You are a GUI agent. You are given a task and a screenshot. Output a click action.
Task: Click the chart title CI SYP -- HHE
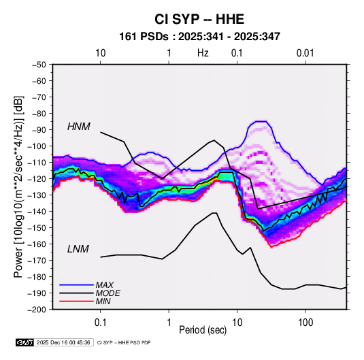click(x=199, y=19)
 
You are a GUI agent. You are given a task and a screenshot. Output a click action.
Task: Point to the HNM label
click(x=79, y=127)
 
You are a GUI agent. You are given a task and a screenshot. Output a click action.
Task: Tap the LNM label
click(x=78, y=249)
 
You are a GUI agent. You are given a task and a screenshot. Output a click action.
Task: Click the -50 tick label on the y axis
click(x=39, y=65)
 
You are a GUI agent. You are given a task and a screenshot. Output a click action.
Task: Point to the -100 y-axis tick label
click(x=37, y=146)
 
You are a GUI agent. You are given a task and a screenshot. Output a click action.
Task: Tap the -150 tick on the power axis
click(x=37, y=227)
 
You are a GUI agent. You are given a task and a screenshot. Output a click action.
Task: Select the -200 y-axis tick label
click(x=37, y=310)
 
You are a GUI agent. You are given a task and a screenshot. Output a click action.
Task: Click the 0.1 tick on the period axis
click(x=100, y=323)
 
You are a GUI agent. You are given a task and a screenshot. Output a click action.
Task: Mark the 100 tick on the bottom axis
click(x=305, y=323)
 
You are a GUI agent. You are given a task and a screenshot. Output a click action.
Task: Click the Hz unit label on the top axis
click(x=203, y=53)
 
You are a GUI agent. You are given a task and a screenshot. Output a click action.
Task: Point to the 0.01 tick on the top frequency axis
click(x=305, y=53)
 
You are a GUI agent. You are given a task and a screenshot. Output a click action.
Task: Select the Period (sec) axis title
click(x=203, y=330)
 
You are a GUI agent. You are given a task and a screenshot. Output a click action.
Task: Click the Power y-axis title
click(x=18, y=186)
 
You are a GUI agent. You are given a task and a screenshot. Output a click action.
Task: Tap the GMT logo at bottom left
click(x=24, y=342)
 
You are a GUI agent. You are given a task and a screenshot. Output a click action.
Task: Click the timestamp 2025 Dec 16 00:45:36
click(x=63, y=342)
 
